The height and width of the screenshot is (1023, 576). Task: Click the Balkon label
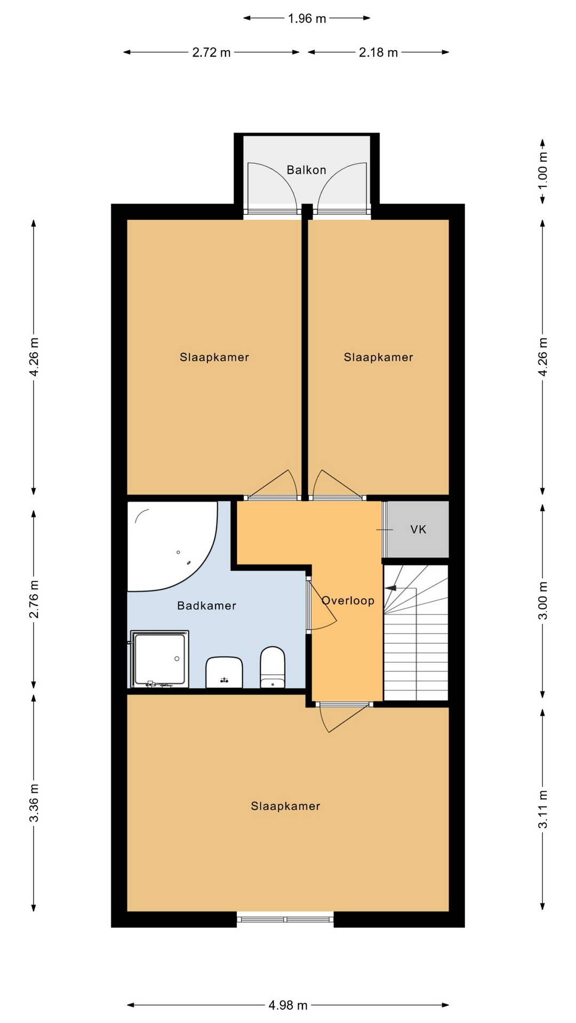pyautogui.click(x=306, y=170)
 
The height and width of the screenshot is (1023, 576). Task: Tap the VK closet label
pyautogui.click(x=419, y=529)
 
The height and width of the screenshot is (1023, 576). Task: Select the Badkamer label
pyautogui.click(x=206, y=605)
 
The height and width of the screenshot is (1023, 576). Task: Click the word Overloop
pyautogui.click(x=348, y=600)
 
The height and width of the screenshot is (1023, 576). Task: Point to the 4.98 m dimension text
pyautogui.click(x=288, y=1005)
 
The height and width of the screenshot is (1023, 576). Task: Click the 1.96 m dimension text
pyautogui.click(x=307, y=19)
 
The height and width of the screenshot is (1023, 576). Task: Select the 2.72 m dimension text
pyautogui.click(x=211, y=52)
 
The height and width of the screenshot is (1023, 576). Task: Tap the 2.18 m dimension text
pyautogui.click(x=378, y=52)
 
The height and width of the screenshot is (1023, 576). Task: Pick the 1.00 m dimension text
pyautogui.click(x=542, y=170)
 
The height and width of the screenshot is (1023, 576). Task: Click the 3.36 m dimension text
pyautogui.click(x=34, y=802)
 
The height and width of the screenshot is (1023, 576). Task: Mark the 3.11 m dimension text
pyautogui.click(x=542, y=809)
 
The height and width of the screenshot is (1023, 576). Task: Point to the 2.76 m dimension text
pyautogui.click(x=34, y=599)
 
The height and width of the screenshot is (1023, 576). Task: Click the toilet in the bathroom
pyautogui.click(x=273, y=667)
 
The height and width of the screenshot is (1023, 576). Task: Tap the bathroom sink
pyautogui.click(x=224, y=672)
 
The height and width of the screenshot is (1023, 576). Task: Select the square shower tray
pyautogui.click(x=159, y=659)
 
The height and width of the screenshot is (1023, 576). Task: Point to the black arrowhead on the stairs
pyautogui.click(x=390, y=588)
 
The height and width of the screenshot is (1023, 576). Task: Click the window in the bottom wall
pyautogui.click(x=285, y=919)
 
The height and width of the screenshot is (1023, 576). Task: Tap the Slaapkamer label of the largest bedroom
pyautogui.click(x=285, y=806)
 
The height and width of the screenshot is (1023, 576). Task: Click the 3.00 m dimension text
pyautogui.click(x=542, y=600)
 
